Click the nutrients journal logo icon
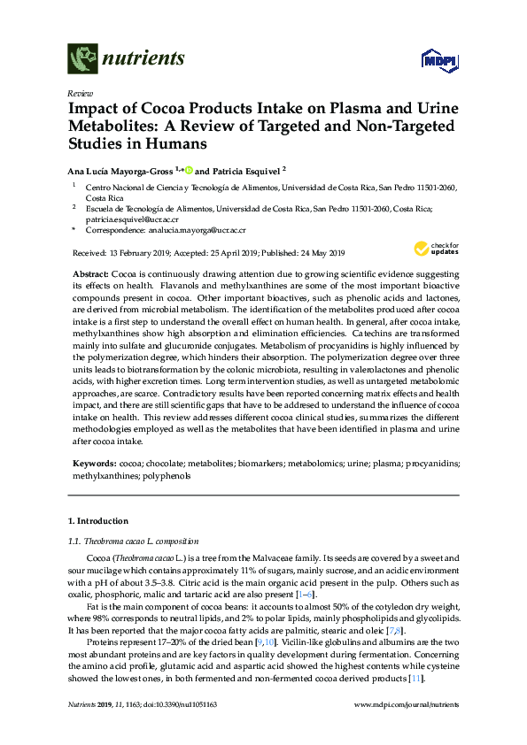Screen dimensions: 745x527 coord(81,60)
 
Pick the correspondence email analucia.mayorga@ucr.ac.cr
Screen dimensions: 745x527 coord(197,229)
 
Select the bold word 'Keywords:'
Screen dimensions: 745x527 coord(94,463)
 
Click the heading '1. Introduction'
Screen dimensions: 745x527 coord(98,521)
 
